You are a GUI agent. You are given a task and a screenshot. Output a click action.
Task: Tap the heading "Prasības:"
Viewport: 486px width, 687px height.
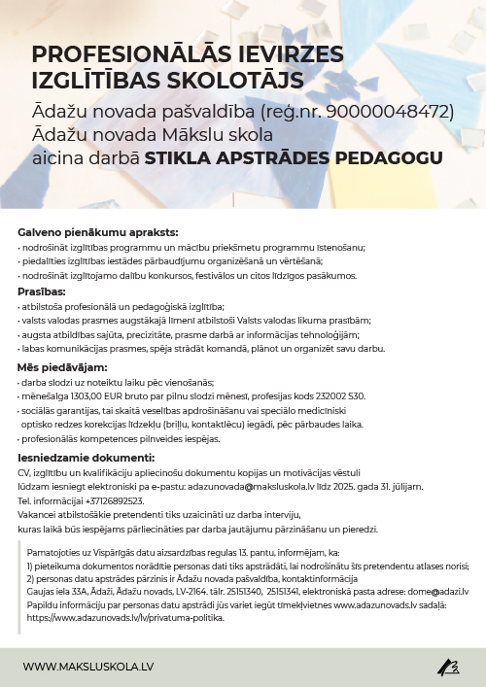42,291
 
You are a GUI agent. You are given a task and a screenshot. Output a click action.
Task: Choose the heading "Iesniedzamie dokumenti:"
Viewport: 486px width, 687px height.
86,456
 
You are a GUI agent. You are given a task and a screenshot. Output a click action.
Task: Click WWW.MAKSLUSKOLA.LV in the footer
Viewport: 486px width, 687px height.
88,667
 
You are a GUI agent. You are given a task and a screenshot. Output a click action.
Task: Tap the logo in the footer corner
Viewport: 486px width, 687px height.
448,667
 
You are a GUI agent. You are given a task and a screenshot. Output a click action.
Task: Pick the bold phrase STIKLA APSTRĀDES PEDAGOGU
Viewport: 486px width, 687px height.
294,157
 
